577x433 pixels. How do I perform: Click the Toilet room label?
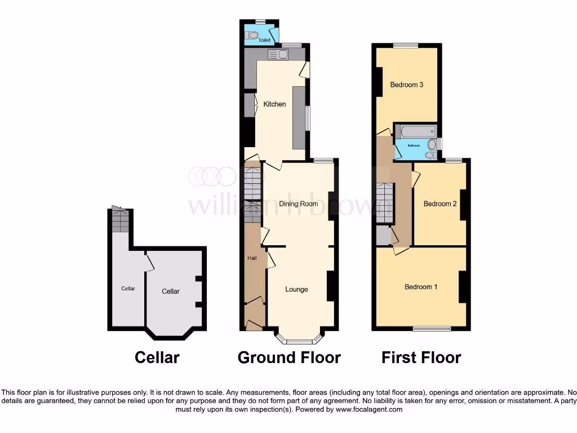coord(264,41)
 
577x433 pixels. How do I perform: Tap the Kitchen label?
coord(275,104)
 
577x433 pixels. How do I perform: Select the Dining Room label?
coord(299,204)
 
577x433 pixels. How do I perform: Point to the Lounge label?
coord(296,289)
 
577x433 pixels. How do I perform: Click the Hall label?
coord(252,258)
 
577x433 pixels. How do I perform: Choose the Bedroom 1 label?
coord(421,287)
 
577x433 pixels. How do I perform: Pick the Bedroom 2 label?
coord(440,204)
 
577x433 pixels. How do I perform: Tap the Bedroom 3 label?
coord(407,85)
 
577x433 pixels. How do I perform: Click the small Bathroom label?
coord(414,145)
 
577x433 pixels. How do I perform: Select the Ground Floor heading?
coord(289,357)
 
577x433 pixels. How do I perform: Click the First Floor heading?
coord(421,357)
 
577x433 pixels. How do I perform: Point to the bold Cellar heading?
coord(157,357)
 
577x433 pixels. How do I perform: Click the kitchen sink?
coord(278,54)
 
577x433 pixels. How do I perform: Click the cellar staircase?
coord(120,220)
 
